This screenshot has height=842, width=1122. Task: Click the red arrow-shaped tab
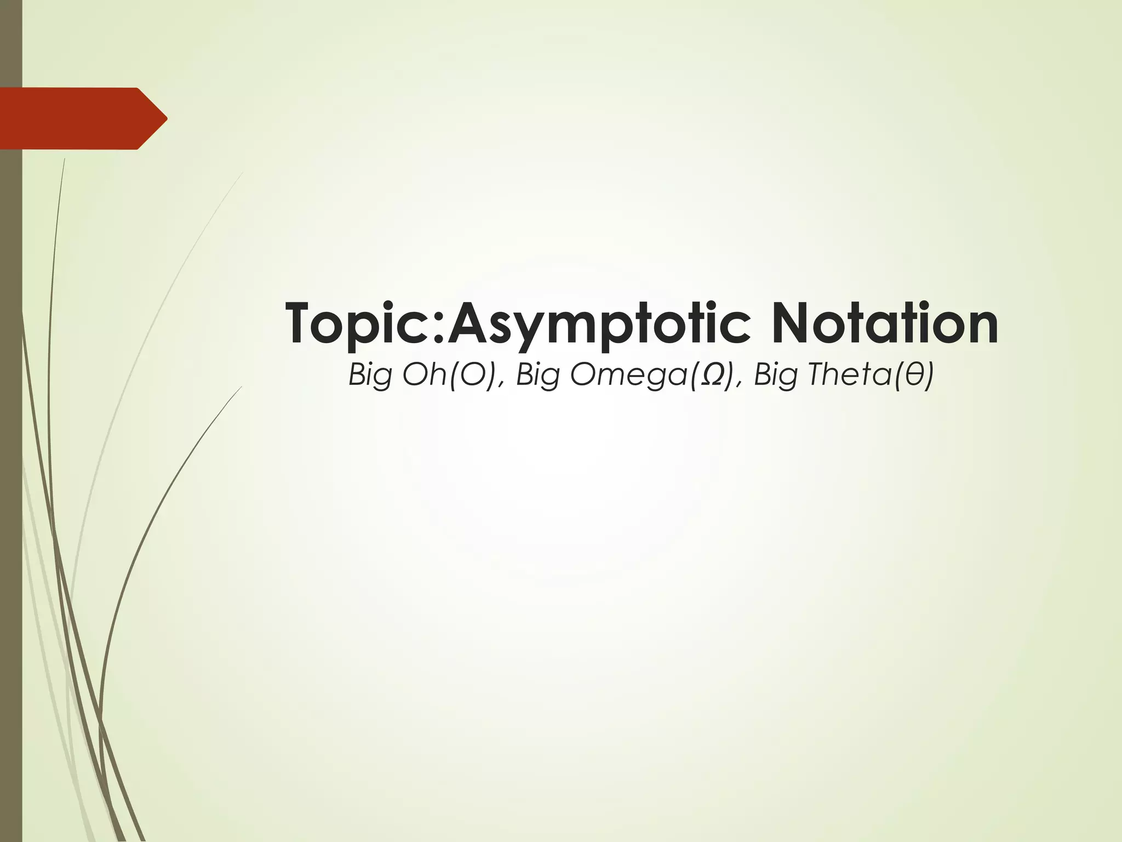77,118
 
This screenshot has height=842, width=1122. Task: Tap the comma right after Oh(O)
503,385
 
